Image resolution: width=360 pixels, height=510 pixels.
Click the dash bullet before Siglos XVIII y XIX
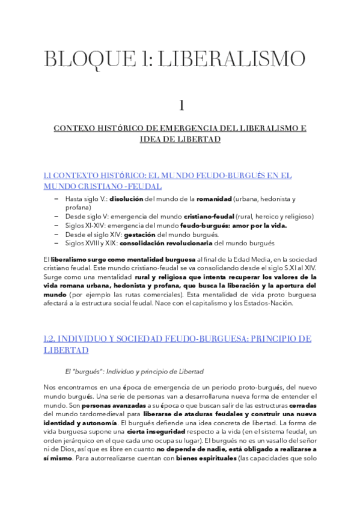click(56, 243)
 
